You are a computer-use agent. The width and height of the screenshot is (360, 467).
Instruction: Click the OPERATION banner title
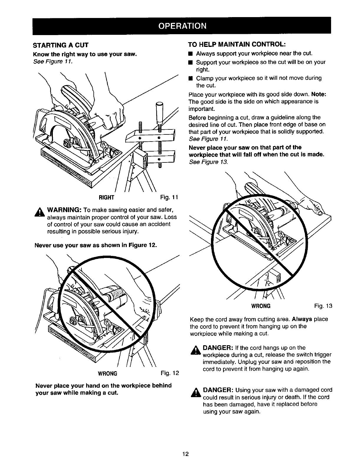[181, 26]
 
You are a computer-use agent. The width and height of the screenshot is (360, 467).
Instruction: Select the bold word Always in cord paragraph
[302, 319]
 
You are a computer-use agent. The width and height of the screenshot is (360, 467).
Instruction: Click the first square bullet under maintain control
[191, 54]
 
